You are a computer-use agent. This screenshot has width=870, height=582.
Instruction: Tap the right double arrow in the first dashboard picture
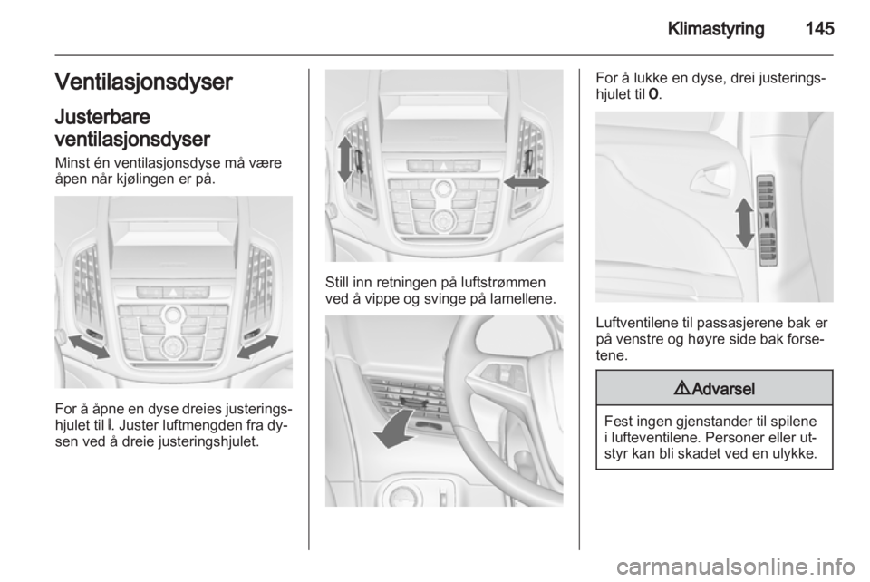(257, 345)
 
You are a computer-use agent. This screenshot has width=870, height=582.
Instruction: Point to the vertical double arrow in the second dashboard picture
(344, 161)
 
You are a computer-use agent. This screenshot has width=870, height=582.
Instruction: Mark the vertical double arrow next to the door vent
(743, 223)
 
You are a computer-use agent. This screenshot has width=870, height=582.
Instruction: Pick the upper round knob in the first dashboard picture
(171, 315)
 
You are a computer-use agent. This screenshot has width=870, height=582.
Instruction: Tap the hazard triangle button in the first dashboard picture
(171, 292)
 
